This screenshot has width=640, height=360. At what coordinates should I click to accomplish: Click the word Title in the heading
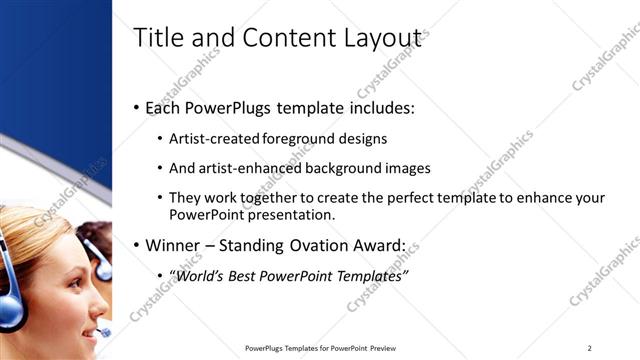point(158,38)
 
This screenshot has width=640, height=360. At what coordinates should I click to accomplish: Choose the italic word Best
point(251,275)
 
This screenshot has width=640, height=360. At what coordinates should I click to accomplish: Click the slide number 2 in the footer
point(590,347)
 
